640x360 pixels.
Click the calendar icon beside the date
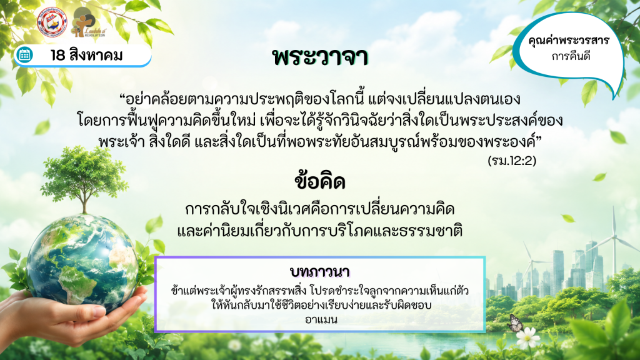pyautogui.click(x=24, y=55)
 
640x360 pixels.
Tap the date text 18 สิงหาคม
pyautogui.click(x=86, y=55)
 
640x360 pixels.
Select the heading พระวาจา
pyautogui.click(x=320, y=57)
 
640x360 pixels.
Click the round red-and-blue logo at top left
pyautogui.click(x=52, y=22)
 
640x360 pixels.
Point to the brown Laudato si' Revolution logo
pyautogui.click(x=88, y=22)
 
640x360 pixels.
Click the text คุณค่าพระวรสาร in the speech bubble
pyautogui.click(x=569, y=41)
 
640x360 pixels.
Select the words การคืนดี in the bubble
pyautogui.click(x=571, y=56)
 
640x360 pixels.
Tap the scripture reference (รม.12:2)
pyautogui.click(x=512, y=161)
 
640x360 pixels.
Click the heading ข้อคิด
pyautogui.click(x=320, y=182)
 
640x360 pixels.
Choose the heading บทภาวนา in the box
pyautogui.click(x=319, y=272)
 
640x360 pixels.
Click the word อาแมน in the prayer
pyautogui.click(x=321, y=319)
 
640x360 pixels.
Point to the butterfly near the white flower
pyautogui.click(x=515, y=323)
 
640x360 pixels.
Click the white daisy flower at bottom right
pyautogui.click(x=527, y=338)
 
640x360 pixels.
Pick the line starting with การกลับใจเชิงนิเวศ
pyautogui.click(x=319, y=209)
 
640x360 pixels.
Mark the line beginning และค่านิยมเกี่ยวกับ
pyautogui.click(x=319, y=231)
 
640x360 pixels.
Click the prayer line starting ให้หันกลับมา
pyautogui.click(x=321, y=305)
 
